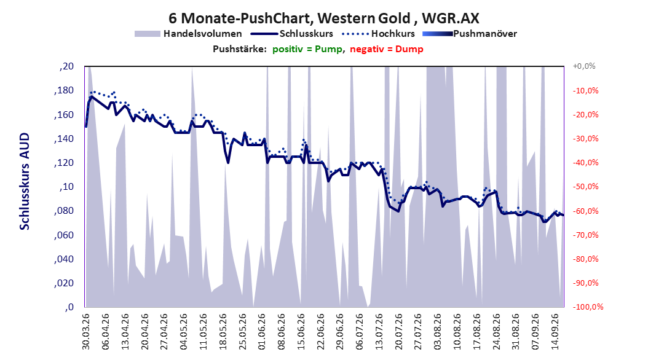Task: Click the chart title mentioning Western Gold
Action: [323, 18]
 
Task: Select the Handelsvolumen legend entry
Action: [189, 34]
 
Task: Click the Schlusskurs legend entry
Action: [292, 34]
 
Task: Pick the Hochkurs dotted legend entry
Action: [379, 34]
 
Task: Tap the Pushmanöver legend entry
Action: [470, 34]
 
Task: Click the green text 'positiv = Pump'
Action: [307, 49]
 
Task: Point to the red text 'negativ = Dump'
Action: [387, 49]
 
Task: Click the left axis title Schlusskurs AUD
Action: [25, 181]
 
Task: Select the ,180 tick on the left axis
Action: [64, 90]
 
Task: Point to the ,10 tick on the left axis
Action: [66, 187]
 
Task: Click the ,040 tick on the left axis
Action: [64, 259]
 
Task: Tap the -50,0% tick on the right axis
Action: [585, 187]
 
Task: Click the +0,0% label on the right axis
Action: [584, 66]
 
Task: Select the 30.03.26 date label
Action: [86, 332]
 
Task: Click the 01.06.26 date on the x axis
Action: [262, 332]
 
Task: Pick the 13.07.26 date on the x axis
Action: [379, 332]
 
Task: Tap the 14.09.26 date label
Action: [555, 332]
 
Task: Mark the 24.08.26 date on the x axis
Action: [497, 332]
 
